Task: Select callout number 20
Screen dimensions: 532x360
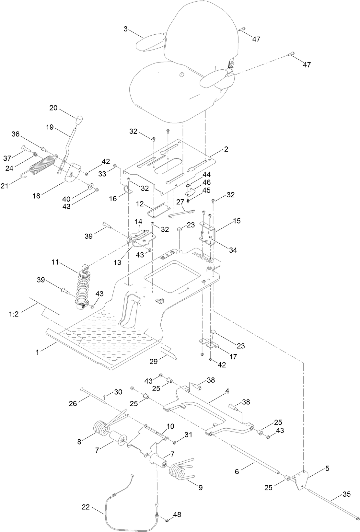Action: [x=53, y=108]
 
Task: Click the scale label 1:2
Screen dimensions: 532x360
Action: [x=14, y=314]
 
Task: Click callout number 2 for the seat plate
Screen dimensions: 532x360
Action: [x=226, y=149]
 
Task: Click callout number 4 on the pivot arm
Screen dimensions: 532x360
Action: [x=227, y=391]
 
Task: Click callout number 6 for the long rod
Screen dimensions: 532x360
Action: [x=237, y=472]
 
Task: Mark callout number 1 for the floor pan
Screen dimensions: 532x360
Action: [x=38, y=352]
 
